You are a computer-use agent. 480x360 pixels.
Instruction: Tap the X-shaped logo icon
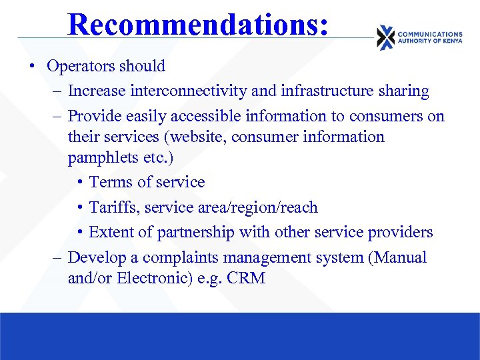pyautogui.click(x=385, y=38)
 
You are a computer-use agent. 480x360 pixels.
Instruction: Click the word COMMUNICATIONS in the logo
pyautogui.click(x=429, y=34)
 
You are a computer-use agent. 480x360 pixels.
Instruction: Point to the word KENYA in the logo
pyautogui.click(x=449, y=41)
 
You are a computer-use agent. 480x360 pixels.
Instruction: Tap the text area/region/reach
pyautogui.click(x=258, y=207)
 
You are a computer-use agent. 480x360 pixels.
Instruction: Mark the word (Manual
pyautogui.click(x=397, y=258)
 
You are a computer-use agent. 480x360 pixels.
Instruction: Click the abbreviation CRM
pyautogui.click(x=246, y=279)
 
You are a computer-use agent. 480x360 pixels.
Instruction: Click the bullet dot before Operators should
pyautogui.click(x=31, y=67)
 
